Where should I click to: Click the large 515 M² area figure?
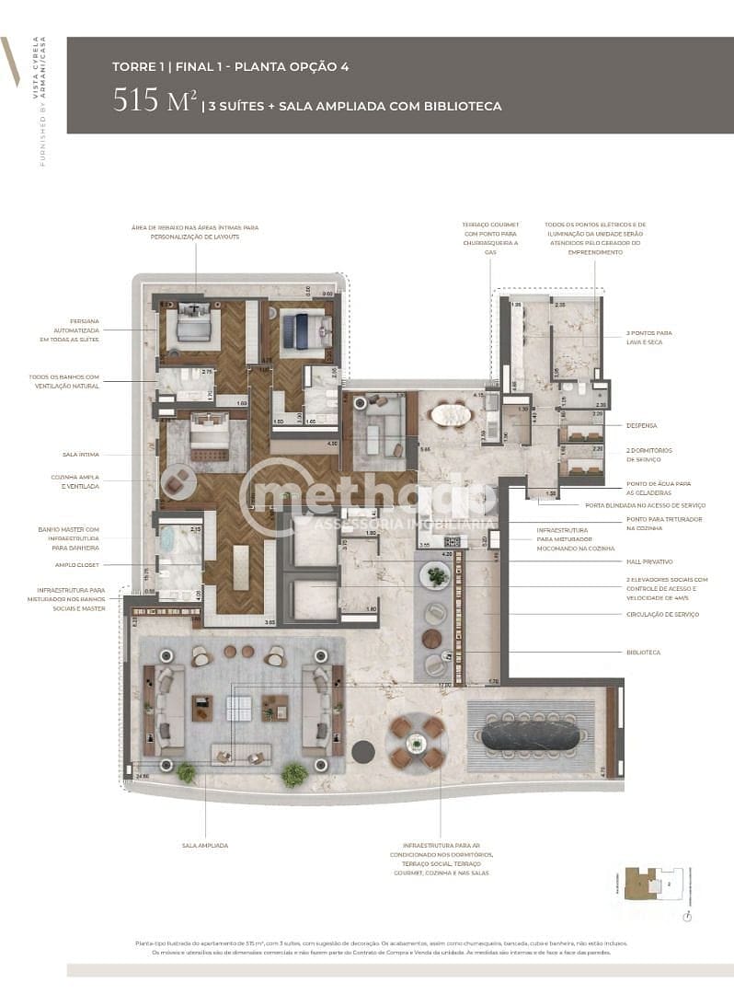coord(153,100)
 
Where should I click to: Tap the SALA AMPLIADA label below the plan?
coord(204,845)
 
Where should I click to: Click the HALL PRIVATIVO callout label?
coord(650,561)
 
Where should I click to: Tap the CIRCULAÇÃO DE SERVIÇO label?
coord(661,614)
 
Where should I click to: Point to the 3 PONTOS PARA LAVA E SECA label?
coord(649,337)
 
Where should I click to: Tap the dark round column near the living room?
coord(363,752)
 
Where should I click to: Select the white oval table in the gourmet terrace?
coord(451,415)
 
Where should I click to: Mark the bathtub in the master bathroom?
coord(170,539)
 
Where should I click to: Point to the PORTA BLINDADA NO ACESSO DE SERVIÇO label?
coord(644,505)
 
